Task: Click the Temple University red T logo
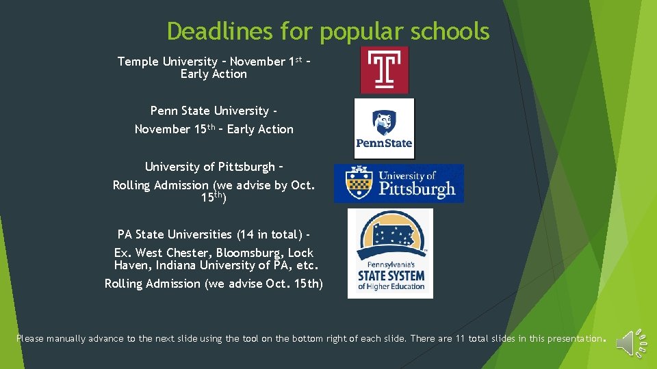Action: (384, 70)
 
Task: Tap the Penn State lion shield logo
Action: (384, 128)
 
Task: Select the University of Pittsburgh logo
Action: (398, 184)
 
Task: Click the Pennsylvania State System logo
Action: (390, 254)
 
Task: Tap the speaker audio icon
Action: (630, 342)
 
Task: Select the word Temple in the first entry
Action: (139, 61)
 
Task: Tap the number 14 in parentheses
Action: (245, 234)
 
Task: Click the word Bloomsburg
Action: (251, 253)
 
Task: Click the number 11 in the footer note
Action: (469, 338)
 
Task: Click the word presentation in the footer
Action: (573, 338)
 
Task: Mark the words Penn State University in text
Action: (210, 111)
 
